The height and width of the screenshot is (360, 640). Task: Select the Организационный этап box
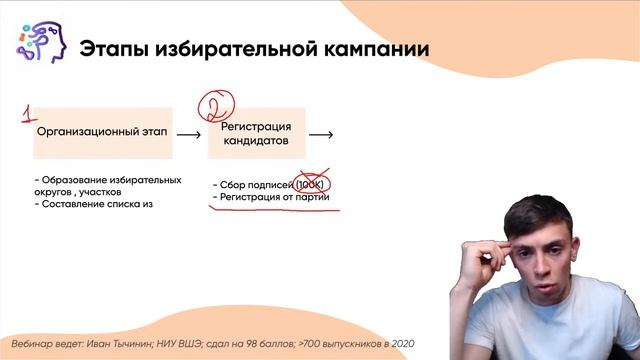102,132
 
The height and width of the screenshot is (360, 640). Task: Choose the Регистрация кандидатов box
256,133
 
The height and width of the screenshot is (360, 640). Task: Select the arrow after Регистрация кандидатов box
321,133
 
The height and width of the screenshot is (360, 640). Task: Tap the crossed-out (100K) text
312,186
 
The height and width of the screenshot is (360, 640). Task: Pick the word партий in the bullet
311,199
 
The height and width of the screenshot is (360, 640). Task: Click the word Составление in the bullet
77,204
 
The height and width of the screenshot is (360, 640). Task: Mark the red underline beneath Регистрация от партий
268,210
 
